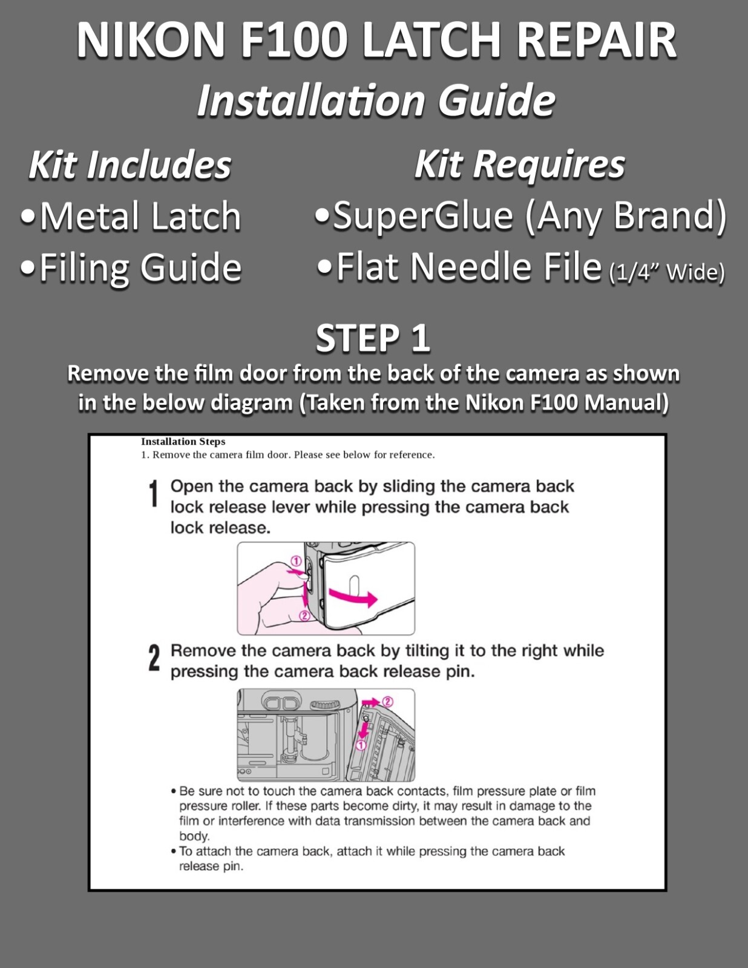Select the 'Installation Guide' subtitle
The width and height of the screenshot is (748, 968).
point(376,100)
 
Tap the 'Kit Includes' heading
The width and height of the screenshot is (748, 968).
point(130,165)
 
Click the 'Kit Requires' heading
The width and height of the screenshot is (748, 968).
point(519,165)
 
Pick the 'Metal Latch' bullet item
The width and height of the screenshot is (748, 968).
point(131,216)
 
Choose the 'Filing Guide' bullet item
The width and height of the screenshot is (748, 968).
point(131,268)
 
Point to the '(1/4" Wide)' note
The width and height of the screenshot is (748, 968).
point(666,272)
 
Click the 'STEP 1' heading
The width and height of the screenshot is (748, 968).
point(373,338)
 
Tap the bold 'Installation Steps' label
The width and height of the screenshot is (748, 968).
point(183,442)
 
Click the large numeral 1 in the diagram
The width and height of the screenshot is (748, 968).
point(154,494)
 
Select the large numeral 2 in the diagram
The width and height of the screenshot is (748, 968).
point(154,658)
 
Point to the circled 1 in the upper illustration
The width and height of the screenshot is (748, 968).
point(297,561)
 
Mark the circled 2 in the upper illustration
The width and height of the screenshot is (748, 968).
point(304,616)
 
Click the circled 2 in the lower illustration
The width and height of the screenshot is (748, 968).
point(388,702)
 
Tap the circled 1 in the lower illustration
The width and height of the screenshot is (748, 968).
point(361,745)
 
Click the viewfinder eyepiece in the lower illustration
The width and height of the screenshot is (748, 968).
point(281,704)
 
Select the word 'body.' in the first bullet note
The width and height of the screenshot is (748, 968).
point(194,836)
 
